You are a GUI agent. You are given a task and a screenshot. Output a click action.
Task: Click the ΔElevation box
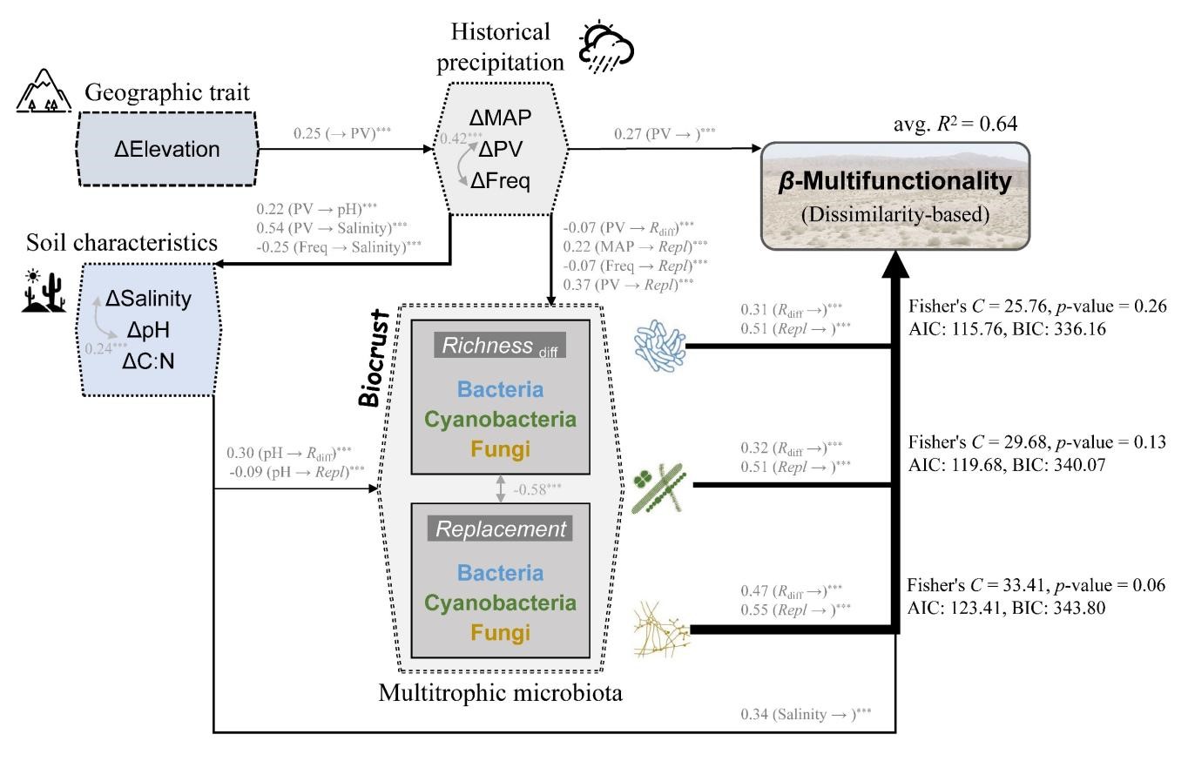click(167, 149)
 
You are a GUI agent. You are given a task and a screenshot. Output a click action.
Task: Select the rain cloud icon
click(606, 48)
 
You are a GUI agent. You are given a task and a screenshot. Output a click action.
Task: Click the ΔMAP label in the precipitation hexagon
click(500, 118)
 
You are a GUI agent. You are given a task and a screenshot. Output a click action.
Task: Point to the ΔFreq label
click(500, 181)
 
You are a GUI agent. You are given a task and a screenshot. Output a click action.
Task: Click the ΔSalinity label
click(148, 300)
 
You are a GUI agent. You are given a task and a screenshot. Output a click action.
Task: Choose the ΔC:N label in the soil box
click(148, 360)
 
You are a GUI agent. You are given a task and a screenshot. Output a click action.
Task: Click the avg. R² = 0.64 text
click(955, 125)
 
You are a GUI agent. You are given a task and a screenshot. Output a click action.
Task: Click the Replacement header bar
click(500, 529)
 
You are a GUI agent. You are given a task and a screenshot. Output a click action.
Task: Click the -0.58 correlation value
click(531, 489)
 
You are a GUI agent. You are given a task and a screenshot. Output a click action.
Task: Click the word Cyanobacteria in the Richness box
click(500, 420)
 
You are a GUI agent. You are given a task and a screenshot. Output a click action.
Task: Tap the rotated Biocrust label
click(374, 356)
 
